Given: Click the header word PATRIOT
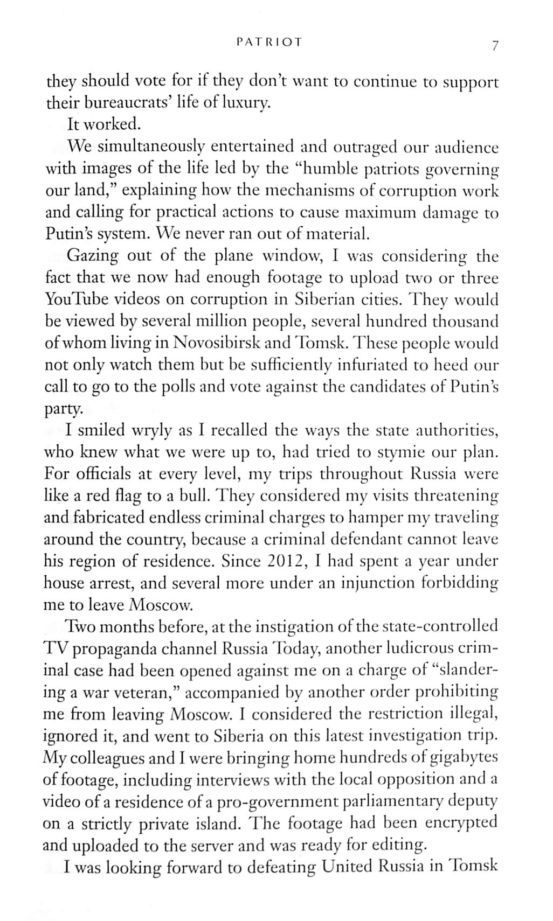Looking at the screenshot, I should tap(269, 41).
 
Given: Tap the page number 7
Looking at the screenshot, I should tap(494, 46).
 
